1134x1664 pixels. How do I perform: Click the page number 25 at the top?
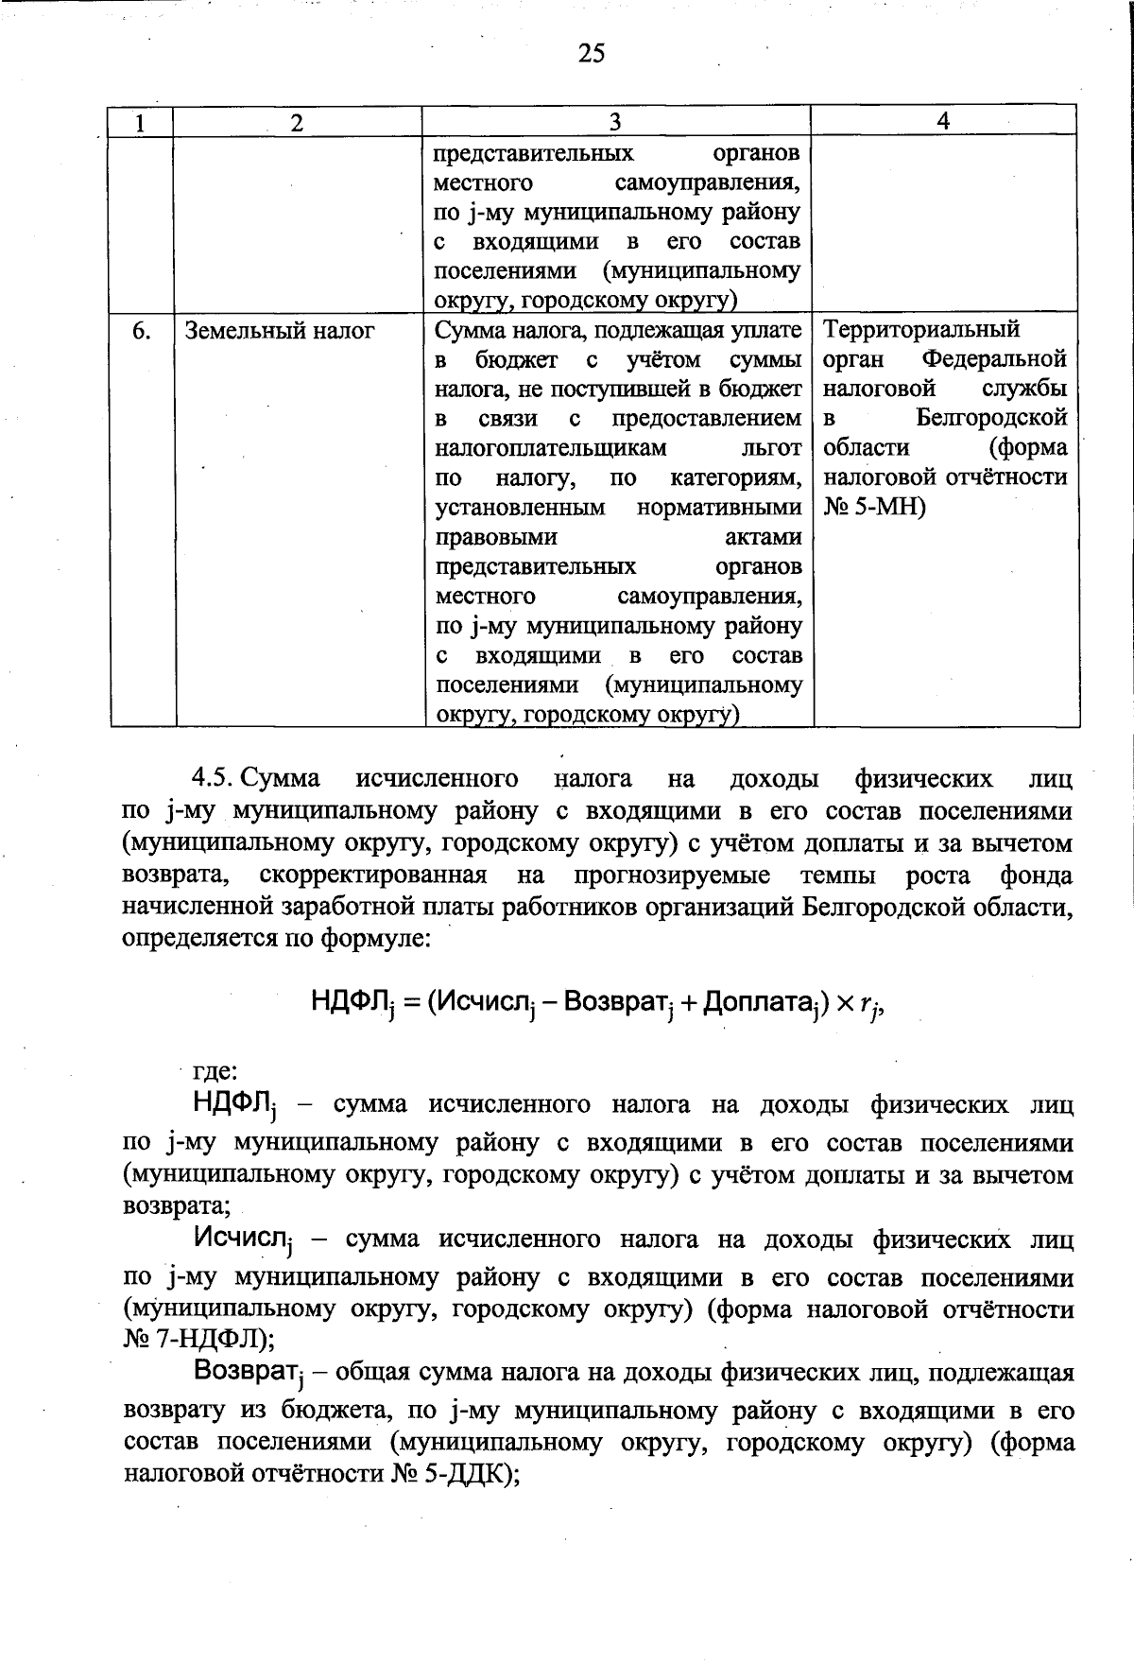tap(591, 54)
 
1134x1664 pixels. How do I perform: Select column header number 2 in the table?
tap(298, 122)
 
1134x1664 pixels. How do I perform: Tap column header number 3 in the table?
tap(615, 122)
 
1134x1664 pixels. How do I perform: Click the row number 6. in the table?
tap(142, 331)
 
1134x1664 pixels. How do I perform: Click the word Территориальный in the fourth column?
tap(921, 330)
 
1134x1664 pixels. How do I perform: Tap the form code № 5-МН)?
tap(875, 508)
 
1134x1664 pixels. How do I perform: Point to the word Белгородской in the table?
tap(991, 418)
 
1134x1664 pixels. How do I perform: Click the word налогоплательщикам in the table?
tap(551, 448)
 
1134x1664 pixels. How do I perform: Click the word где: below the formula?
tap(215, 1072)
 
